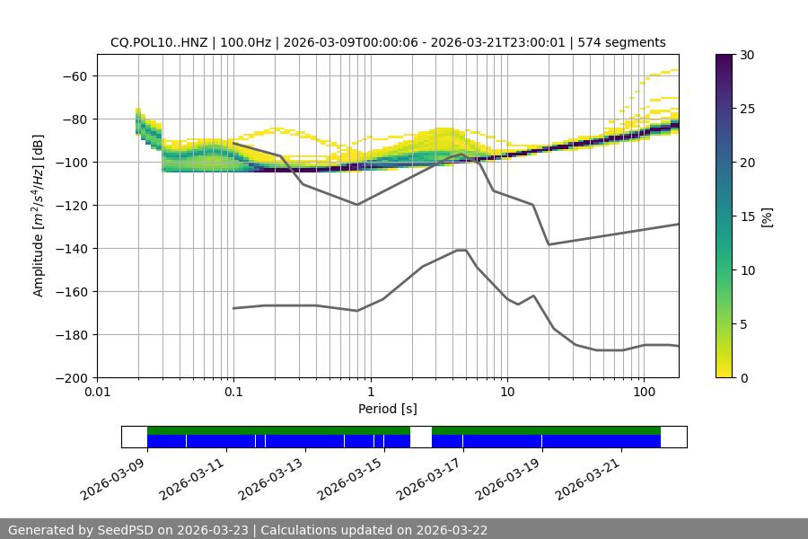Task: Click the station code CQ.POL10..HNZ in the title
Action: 160,42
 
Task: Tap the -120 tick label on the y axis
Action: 73,205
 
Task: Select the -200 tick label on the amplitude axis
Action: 73,377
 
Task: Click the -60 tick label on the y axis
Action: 75,75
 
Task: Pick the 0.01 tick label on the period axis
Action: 97,393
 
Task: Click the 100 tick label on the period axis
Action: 644,393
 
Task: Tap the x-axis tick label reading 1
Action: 371,393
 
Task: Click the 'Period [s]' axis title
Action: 387,409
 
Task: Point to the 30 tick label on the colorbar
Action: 746,55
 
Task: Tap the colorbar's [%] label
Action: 766,216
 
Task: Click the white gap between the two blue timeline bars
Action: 421,437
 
